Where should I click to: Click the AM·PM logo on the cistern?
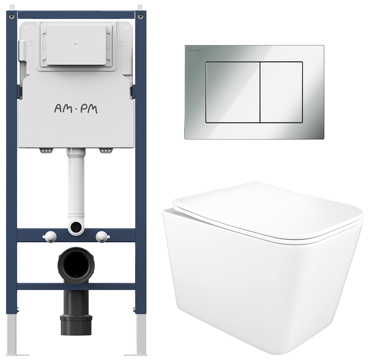coord(76,109)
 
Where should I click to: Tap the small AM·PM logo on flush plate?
coord(195,51)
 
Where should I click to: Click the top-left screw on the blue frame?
coord(11,17)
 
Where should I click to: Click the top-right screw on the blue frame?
coord(141,17)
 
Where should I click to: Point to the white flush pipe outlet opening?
coord(76,227)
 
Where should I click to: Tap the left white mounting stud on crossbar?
coord(50,236)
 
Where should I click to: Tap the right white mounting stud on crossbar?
coord(102,236)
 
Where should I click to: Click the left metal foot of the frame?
coord(12,335)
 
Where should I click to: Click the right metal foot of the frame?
coord(141,335)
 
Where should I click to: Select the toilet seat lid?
coord(268,212)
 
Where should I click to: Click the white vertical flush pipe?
coord(76,184)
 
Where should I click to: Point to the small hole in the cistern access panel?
coord(75,44)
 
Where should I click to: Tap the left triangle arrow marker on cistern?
coord(31,43)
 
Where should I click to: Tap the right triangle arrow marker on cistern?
coord(121,43)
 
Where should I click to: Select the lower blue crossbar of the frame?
coord(76,287)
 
